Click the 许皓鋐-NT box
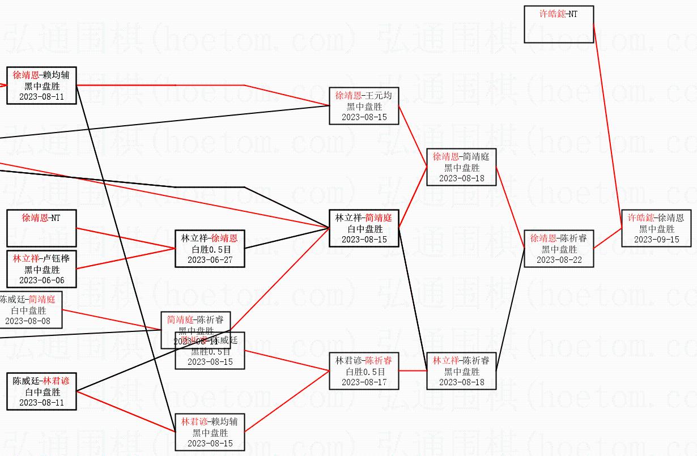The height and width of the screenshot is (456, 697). coord(559,24)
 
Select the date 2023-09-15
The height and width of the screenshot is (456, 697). coord(656,239)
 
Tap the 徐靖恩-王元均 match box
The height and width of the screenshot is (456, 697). coord(364,106)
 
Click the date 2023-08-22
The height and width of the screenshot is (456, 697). coord(559,259)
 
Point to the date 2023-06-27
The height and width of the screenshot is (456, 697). coord(210,259)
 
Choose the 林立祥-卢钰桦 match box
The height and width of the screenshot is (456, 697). coord(41,269)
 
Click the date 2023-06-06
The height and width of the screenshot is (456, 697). coord(41,280)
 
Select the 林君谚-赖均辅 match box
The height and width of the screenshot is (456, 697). coord(210,432)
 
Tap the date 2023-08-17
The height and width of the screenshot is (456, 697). coord(364,382)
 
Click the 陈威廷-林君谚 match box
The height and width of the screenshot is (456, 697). coord(41,391)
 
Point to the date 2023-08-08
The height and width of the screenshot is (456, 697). coord(27,321)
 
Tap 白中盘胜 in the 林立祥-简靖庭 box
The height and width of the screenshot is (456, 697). coord(364,229)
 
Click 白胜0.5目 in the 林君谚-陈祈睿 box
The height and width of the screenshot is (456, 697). coord(364,372)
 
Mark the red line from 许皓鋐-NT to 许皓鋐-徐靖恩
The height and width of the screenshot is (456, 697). coord(607,126)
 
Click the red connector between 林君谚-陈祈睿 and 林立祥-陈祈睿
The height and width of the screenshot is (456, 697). coord(413,371)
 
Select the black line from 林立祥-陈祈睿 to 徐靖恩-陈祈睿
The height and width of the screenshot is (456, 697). coord(511,309)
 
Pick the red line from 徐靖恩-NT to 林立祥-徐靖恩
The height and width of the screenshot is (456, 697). coord(126,238)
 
